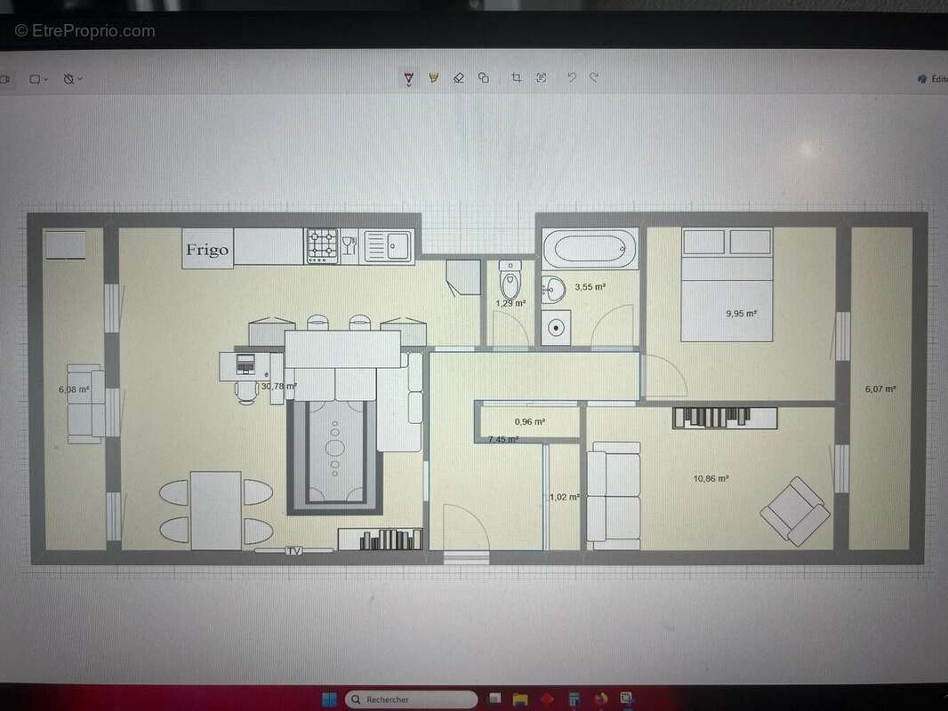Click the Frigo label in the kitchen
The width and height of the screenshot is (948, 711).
pyautogui.click(x=207, y=250)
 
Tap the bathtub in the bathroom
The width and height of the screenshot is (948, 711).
pyautogui.click(x=590, y=248)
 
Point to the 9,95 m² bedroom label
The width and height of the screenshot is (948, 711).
pyautogui.click(x=741, y=313)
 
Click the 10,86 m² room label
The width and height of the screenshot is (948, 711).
pyautogui.click(x=711, y=478)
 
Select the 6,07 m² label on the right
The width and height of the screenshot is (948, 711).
pyautogui.click(x=880, y=388)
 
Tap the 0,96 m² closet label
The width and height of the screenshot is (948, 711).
pyautogui.click(x=529, y=422)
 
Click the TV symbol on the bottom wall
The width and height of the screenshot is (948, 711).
pyautogui.click(x=293, y=551)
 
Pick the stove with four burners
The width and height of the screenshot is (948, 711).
pyautogui.click(x=322, y=246)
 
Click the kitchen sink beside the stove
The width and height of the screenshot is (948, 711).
pyautogui.click(x=389, y=245)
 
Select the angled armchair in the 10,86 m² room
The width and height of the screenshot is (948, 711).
pyautogui.click(x=795, y=511)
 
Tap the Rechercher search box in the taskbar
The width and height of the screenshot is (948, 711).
pyautogui.click(x=410, y=699)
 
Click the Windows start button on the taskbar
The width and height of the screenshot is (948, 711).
pyautogui.click(x=328, y=699)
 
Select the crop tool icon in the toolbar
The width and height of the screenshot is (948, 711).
pyautogui.click(x=516, y=78)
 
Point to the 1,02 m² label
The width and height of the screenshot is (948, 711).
pyautogui.click(x=565, y=498)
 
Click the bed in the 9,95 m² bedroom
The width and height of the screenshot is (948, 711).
pyautogui.click(x=727, y=284)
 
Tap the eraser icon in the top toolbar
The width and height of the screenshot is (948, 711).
pyautogui.click(x=459, y=78)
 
